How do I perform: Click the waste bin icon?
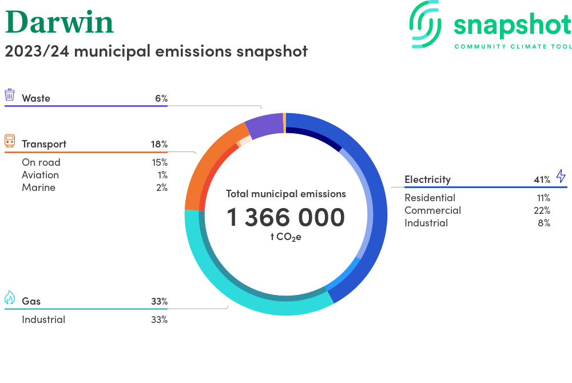point(10,95)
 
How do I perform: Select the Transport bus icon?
point(10,141)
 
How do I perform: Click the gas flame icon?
point(10,298)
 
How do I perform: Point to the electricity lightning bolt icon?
point(561,176)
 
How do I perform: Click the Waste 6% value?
point(161,98)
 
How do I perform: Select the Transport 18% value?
point(159,144)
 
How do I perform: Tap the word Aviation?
point(40,175)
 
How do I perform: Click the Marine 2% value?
point(162,187)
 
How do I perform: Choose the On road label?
point(41,162)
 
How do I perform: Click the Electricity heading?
point(427,179)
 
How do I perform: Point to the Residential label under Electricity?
point(430,198)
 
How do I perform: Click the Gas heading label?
point(31,301)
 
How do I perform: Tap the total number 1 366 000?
point(286,217)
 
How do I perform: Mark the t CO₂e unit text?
point(286,237)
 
